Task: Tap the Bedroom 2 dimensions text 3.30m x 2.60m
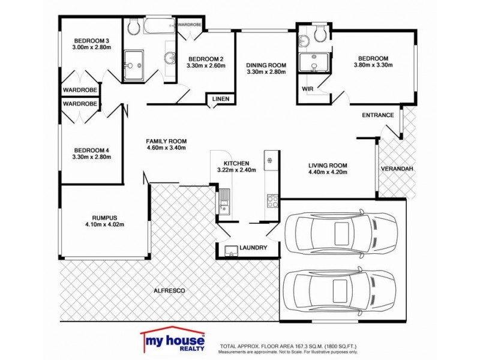[206, 66]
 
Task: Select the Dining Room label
[266, 65]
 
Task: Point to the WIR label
[308, 89]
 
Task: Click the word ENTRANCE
[377, 115]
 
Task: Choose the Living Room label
[328, 166]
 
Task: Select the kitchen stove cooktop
[272, 200]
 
